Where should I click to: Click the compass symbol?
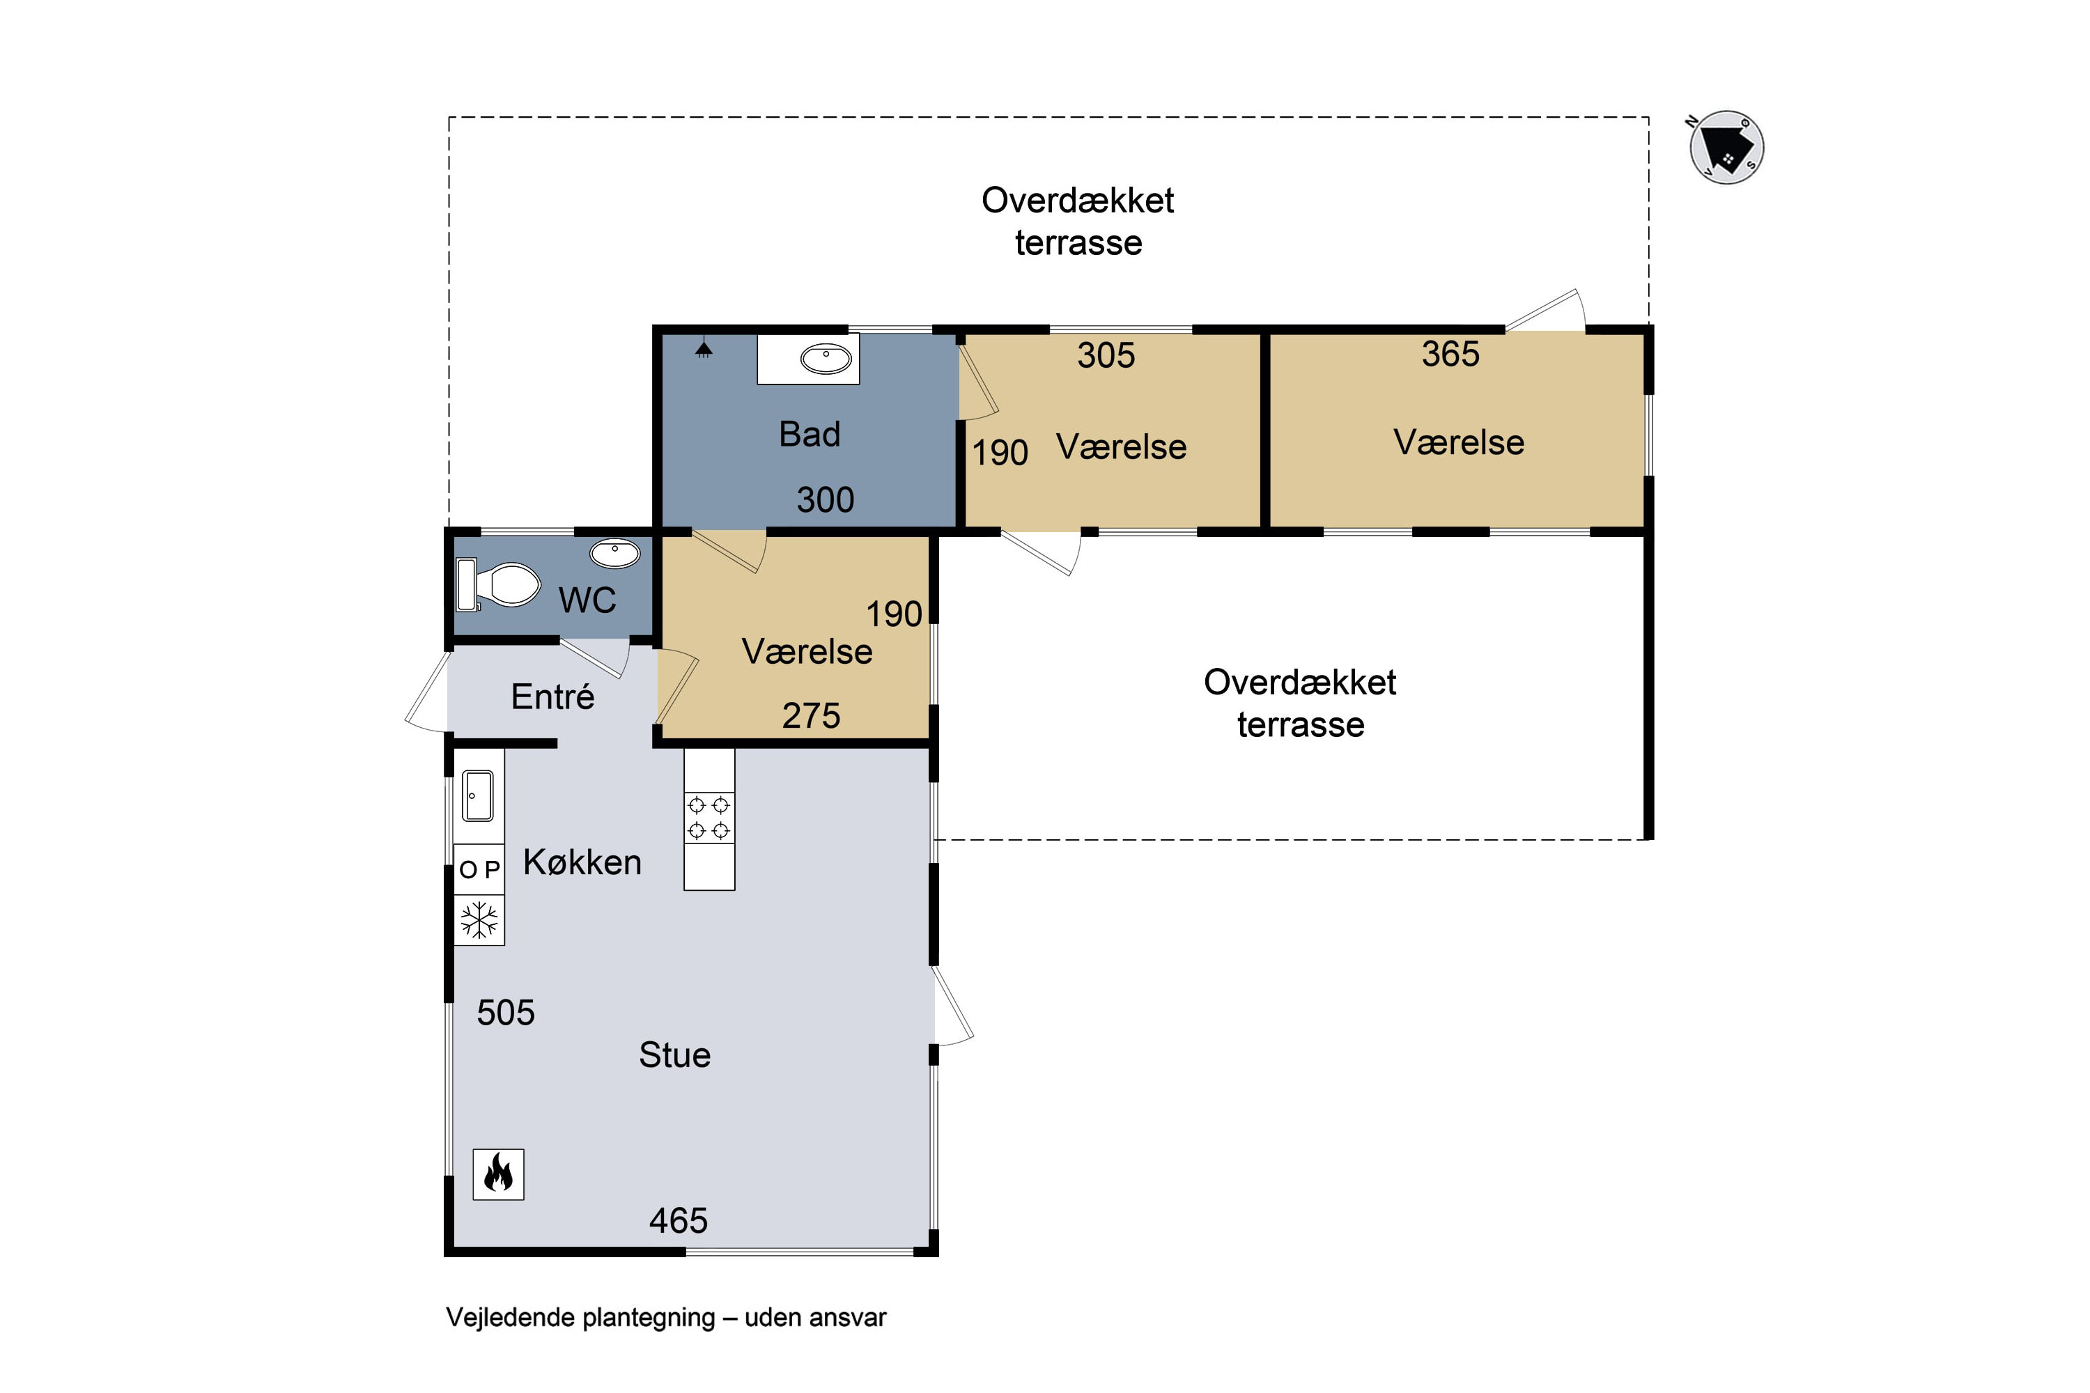pos(1726,148)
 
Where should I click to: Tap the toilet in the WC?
pos(499,584)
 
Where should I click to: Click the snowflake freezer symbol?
pos(479,920)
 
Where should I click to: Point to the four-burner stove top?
pos(709,817)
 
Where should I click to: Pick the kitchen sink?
pos(478,796)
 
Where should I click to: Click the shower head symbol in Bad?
pos(704,348)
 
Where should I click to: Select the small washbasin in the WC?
pos(615,554)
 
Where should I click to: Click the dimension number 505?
pos(506,1013)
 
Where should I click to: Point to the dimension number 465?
pos(678,1221)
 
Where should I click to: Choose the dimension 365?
pos(1450,355)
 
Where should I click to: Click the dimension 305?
pos(1106,355)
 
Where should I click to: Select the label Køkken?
pos(582,863)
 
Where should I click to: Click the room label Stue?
pos(674,1055)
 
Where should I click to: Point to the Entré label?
pos(552,696)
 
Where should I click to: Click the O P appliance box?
pos(479,869)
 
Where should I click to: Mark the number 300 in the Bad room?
pos(826,500)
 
